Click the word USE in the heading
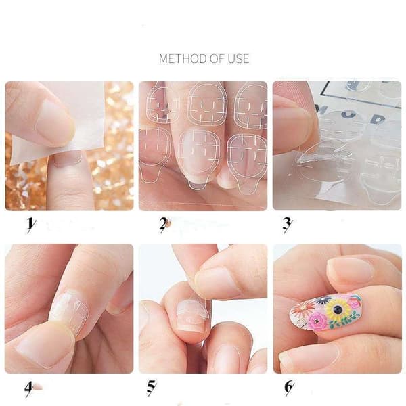[238, 58]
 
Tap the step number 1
[31, 225]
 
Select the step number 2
[164, 225]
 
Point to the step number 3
[287, 225]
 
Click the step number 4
[29, 388]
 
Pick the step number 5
[151, 388]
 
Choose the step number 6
[289, 388]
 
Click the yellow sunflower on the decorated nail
[336, 309]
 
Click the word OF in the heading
[217, 58]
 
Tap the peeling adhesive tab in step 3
[320, 154]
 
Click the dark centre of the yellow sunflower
[338, 309]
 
